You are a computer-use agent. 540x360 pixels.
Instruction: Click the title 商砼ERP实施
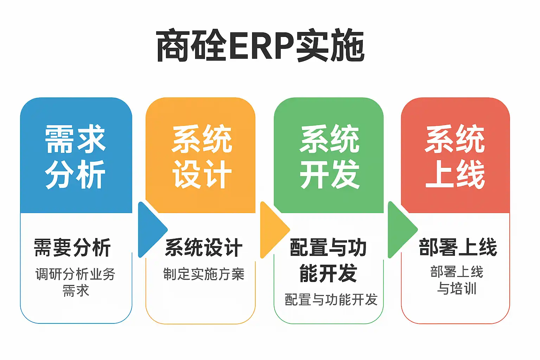click(x=260, y=46)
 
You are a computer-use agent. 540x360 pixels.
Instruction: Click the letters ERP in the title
click(x=261, y=46)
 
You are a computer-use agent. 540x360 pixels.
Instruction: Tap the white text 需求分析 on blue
click(x=75, y=157)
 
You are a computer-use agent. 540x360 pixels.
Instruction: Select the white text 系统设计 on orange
click(x=202, y=157)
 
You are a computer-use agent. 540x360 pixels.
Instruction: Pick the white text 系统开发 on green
click(x=329, y=157)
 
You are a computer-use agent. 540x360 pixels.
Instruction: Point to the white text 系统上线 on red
click(x=455, y=157)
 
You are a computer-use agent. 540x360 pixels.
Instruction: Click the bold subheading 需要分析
click(x=72, y=247)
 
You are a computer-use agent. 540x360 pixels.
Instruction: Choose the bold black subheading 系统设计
click(x=204, y=247)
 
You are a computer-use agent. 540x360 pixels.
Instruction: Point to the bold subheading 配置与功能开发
click(x=328, y=260)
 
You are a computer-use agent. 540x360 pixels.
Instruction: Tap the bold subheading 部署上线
click(x=458, y=247)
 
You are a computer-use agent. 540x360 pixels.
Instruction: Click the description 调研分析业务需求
click(x=76, y=282)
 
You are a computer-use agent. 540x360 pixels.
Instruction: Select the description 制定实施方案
click(x=204, y=274)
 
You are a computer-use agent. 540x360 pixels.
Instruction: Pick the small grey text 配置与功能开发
click(x=331, y=300)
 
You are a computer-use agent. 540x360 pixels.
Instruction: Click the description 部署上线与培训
click(x=457, y=280)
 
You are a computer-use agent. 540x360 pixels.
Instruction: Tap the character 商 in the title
click(x=173, y=46)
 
